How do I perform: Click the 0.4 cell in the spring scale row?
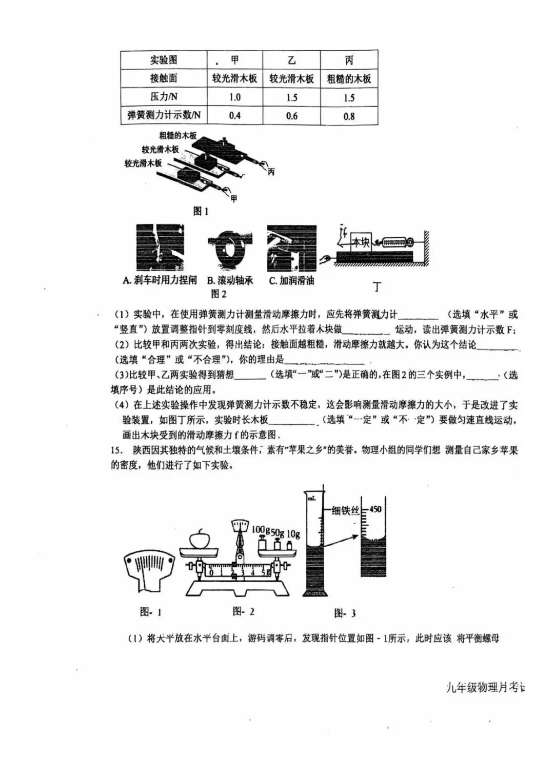pos(234,116)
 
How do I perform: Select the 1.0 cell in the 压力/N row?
pos(234,97)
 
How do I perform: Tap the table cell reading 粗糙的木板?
pos(349,79)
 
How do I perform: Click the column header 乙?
pos(291,60)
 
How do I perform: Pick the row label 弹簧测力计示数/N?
pos(164,115)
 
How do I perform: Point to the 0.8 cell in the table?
pos(349,116)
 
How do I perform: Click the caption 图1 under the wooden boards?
pos(201,212)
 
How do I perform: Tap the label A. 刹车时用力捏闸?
pos(160,280)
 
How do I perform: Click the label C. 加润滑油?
pos(291,280)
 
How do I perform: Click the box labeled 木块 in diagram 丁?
pos(361,242)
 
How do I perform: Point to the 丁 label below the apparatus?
pos(378,287)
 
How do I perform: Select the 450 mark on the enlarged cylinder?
pos(375,509)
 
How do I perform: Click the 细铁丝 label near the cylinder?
pos(344,510)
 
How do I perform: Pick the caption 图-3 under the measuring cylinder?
pos(345,613)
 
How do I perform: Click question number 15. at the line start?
pos(117,450)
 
